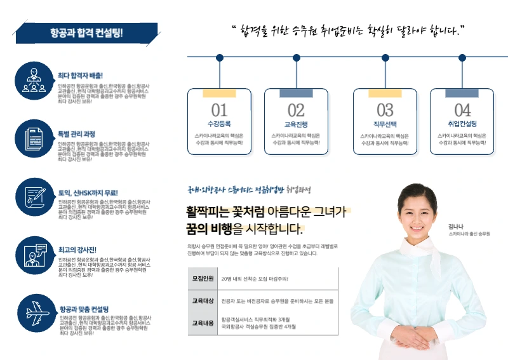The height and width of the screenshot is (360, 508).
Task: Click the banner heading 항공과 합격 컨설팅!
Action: point(86,33)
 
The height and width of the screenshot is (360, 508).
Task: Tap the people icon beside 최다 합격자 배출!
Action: point(30,79)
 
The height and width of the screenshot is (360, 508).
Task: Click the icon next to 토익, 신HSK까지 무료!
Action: point(30,194)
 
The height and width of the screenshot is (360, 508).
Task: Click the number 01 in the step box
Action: point(219,110)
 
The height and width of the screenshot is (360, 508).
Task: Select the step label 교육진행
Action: point(296,124)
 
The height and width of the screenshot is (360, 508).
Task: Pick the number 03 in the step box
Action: point(385,110)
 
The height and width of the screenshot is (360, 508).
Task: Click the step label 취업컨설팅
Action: point(462,124)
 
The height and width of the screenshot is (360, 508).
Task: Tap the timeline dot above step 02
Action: point(297,58)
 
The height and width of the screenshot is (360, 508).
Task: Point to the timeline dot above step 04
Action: point(462,58)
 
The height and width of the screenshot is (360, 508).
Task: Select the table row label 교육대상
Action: point(201,301)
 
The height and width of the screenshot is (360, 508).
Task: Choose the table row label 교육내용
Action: point(201,323)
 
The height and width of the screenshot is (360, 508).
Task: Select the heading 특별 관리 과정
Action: point(76,134)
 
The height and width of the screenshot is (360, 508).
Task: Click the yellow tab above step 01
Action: point(219,93)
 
